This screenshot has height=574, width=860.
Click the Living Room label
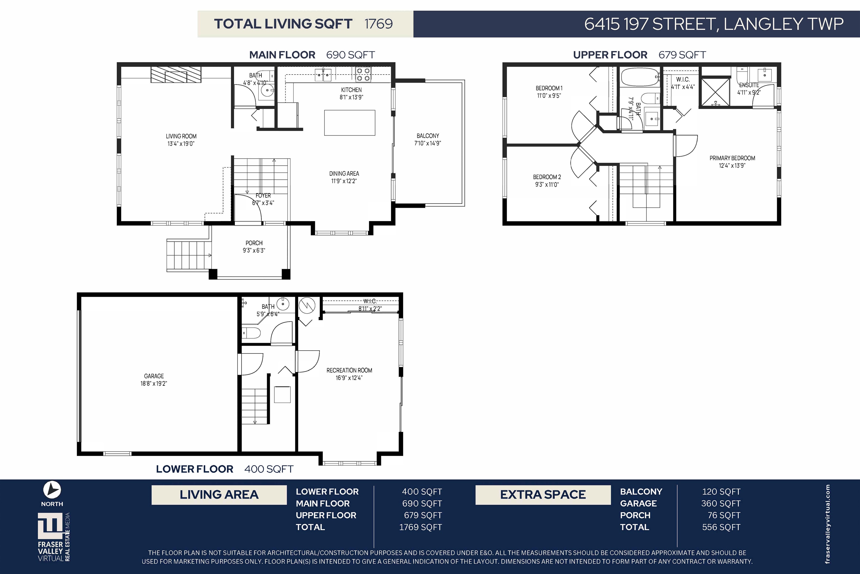181,140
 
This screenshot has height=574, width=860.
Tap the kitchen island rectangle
350,123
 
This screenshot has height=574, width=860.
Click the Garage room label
154,379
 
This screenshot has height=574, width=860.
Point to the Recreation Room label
349,374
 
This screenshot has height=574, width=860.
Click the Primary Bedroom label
732,161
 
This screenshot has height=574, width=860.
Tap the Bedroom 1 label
549,92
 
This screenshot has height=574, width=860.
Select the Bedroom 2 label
547,180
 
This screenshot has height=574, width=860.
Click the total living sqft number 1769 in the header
378,24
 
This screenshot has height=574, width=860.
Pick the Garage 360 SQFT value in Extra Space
721,503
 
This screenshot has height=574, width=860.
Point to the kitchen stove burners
363,74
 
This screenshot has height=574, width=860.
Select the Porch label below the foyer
254,246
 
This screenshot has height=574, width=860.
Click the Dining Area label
344,177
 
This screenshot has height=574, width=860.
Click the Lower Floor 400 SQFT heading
225,469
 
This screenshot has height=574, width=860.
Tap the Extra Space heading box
543,495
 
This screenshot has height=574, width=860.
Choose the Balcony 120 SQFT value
721,491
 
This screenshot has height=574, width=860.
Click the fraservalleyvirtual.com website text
828,524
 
